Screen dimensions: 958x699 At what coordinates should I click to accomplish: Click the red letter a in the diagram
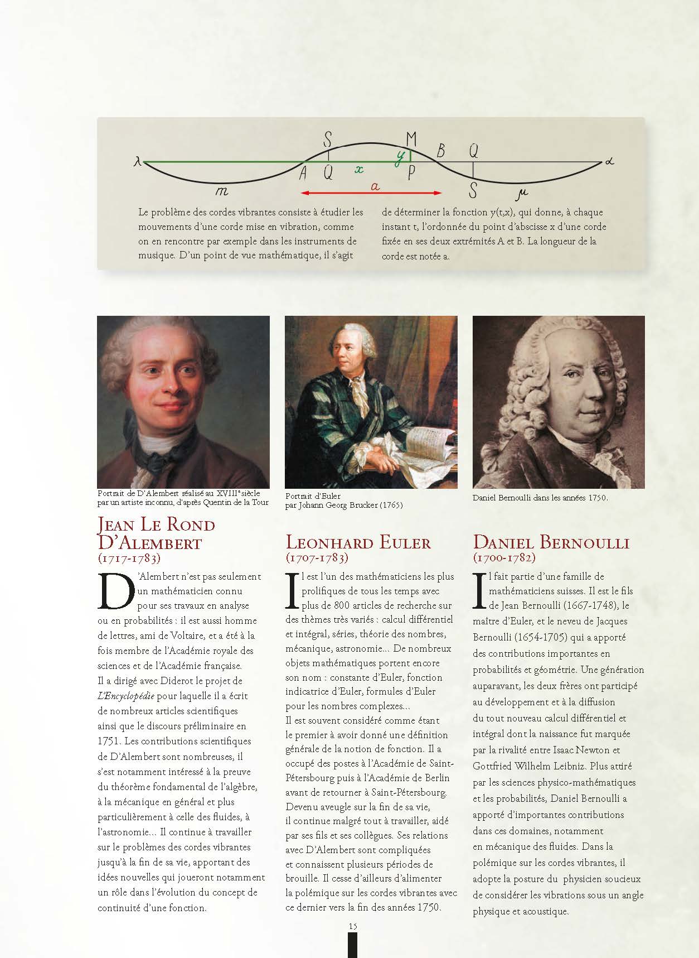pyautogui.click(x=375, y=187)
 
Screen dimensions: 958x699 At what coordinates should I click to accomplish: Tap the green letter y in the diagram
pyautogui.click(x=400, y=158)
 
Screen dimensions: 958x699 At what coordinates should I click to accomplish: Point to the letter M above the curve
pyautogui.click(x=411, y=138)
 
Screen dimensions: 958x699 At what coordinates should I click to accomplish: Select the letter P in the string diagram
pyautogui.click(x=411, y=174)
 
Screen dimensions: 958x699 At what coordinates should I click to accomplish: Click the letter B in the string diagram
pyautogui.click(x=441, y=151)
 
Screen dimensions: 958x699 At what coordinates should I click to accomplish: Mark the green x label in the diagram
pyautogui.click(x=360, y=169)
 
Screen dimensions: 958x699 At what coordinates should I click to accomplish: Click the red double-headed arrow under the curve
pyautogui.click(x=371, y=194)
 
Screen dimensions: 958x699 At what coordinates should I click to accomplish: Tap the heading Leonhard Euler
pyautogui.click(x=358, y=542)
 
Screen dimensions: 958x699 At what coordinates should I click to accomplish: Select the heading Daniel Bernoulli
pyautogui.click(x=551, y=542)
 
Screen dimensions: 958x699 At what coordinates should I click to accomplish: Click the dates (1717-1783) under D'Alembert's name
pyautogui.click(x=129, y=557)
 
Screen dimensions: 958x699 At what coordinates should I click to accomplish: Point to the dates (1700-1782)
pyautogui.click(x=504, y=557)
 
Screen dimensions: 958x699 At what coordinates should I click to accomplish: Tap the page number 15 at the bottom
pyautogui.click(x=352, y=926)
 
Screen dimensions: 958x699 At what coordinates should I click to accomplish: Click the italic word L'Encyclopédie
pyautogui.click(x=126, y=696)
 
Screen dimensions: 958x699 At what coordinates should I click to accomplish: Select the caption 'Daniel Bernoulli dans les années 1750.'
pyautogui.click(x=540, y=498)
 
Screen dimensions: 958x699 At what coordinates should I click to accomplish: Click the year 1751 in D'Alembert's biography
pyautogui.click(x=109, y=742)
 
